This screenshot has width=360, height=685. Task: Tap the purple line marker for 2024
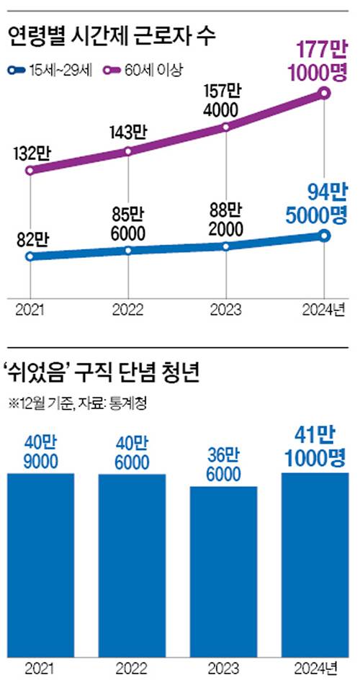(x=324, y=93)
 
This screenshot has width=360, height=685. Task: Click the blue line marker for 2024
(x=324, y=236)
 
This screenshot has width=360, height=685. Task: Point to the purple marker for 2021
(x=30, y=171)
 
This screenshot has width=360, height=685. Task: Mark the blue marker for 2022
(x=128, y=250)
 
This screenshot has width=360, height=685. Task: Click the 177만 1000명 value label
(x=320, y=61)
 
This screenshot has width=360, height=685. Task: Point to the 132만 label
(x=30, y=152)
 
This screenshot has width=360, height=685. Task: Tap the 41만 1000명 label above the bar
(x=314, y=447)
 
